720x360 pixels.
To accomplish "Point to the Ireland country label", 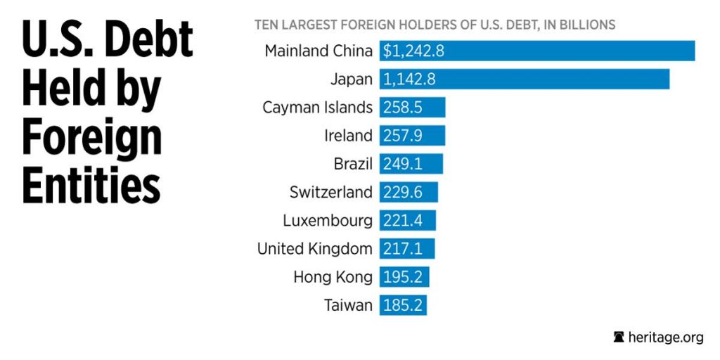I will (348, 136).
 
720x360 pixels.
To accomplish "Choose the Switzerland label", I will (330, 193).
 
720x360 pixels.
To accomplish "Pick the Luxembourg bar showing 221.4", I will (408, 221).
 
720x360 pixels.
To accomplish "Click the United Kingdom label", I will (314, 249).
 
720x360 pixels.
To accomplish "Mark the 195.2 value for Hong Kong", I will (403, 277).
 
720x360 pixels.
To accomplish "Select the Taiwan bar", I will (404, 305).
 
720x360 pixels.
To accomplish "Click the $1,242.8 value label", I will (413, 51).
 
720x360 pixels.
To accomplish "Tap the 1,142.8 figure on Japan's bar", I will (409, 79).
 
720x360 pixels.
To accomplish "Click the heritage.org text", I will (666, 337).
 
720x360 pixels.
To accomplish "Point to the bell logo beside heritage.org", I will (619, 337).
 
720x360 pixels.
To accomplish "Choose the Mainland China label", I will (319, 51).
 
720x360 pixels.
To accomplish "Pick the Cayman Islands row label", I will (317, 108).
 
